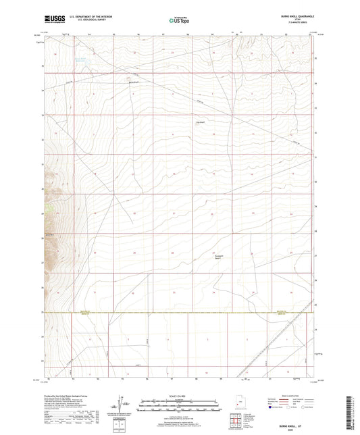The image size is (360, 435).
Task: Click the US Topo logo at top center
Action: pyautogui.click(x=178, y=21)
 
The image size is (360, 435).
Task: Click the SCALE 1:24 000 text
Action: pyautogui.click(x=179, y=396)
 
